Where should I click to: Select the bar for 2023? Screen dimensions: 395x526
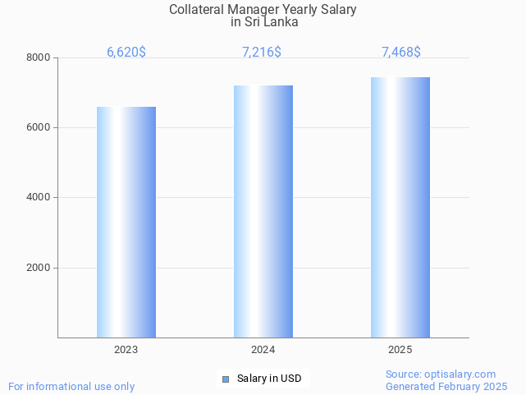point(126,222)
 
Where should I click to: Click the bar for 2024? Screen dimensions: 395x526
point(263,211)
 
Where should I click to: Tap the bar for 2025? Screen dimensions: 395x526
point(400,207)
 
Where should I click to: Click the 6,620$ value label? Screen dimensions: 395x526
point(126,52)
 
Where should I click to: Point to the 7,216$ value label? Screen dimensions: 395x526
point(262,52)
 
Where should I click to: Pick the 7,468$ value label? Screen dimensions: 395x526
point(401,52)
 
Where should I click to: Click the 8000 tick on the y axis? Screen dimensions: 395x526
point(38,57)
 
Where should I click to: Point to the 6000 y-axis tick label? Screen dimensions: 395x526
point(38,127)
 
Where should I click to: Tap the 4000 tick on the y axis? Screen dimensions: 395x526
point(38,197)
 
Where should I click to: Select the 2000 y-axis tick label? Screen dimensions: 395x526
point(38,268)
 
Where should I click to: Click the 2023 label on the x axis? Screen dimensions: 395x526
point(126,350)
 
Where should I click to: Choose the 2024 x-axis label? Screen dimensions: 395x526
point(263,350)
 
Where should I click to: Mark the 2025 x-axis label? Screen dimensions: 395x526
point(400,350)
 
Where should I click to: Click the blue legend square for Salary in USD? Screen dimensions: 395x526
point(226,379)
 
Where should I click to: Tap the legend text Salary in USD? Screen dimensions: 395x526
point(269,379)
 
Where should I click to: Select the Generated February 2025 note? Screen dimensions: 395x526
point(446,386)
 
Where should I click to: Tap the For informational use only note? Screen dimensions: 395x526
point(71,386)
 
